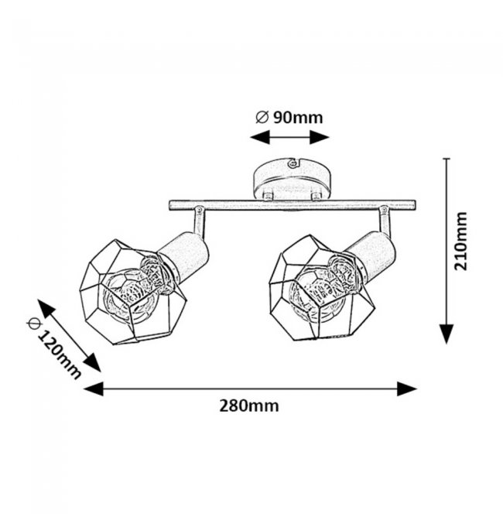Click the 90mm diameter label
click(x=289, y=118)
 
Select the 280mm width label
click(x=249, y=406)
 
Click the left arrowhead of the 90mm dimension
click(x=260, y=137)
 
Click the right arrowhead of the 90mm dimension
click(x=320, y=137)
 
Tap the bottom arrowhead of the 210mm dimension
click(x=447, y=334)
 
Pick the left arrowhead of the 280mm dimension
click(x=93, y=389)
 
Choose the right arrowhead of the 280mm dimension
click(x=407, y=389)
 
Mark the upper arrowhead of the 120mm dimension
click(x=46, y=308)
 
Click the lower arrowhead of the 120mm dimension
click(x=92, y=362)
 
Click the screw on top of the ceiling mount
click(x=293, y=163)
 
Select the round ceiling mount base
click(x=293, y=180)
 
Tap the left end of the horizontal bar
click(x=169, y=206)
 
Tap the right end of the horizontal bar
click(x=415, y=205)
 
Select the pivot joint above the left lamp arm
click(x=199, y=210)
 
